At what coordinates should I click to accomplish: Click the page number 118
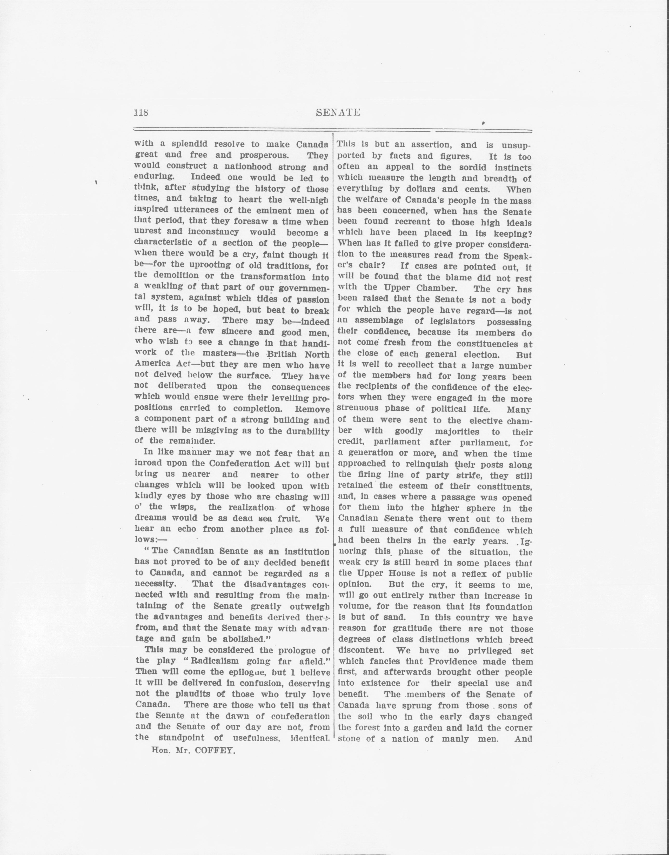tap(141, 113)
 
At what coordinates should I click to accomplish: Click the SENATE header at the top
tap(338, 113)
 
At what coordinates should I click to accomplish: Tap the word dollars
tap(425, 189)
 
